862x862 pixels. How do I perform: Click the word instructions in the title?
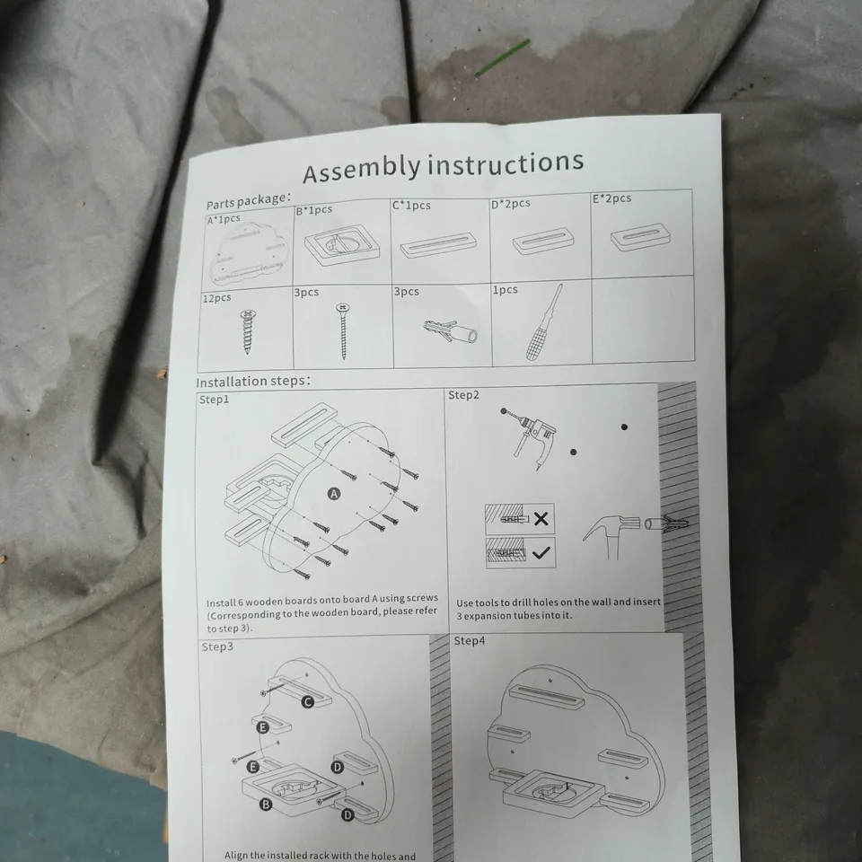tap(505, 163)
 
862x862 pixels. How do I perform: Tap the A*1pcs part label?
tap(224, 218)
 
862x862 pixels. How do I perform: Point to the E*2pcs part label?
tap(611, 198)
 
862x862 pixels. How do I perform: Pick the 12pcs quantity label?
tap(217, 297)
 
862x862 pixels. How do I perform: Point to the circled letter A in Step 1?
tap(334, 494)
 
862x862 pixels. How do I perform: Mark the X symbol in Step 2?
tap(541, 519)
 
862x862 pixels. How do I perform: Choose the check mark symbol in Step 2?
tap(541, 553)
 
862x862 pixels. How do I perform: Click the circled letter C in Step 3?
tap(307, 702)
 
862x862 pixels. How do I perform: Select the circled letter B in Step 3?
tap(265, 805)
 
